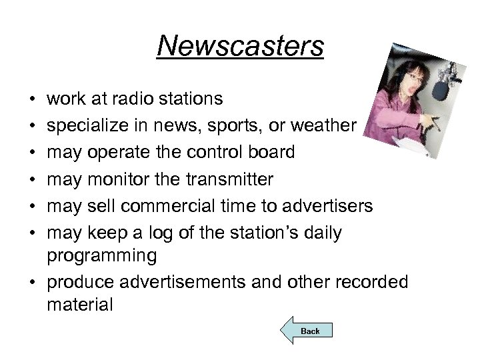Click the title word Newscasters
pyautogui.click(x=241, y=47)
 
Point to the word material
pyautogui.click(x=81, y=305)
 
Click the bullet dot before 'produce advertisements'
pyautogui.click(x=34, y=282)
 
